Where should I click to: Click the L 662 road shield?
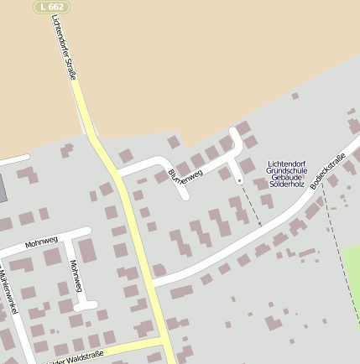[x=51, y=7]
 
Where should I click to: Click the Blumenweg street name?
[x=185, y=175]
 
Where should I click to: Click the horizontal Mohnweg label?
[x=41, y=243]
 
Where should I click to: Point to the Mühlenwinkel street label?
[x=9, y=293]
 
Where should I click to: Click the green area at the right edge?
[x=352, y=277]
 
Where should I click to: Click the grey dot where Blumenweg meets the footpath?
[x=239, y=180]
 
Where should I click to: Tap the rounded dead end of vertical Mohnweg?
[x=91, y=305]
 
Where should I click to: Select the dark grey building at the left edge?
[x=3, y=188]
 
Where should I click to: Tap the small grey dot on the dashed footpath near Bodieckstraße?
[x=342, y=199]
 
